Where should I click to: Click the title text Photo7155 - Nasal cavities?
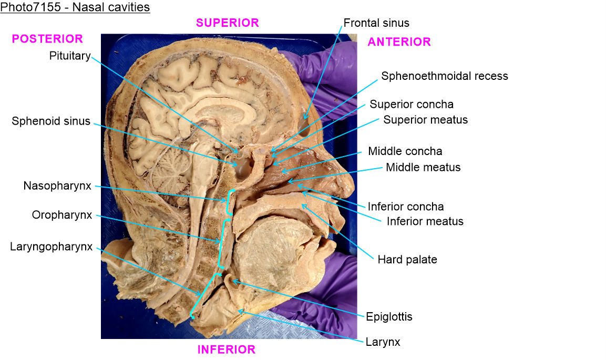(x=75, y=7)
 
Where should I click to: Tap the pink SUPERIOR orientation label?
(x=227, y=23)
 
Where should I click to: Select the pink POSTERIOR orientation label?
(x=47, y=39)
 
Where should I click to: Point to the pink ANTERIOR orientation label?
(x=399, y=42)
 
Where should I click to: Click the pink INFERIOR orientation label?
(x=227, y=349)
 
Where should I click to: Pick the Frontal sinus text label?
(x=376, y=23)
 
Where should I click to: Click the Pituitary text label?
(x=70, y=56)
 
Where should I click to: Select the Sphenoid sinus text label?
(x=51, y=121)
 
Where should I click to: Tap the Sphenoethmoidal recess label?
(x=445, y=76)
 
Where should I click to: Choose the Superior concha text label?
(x=412, y=104)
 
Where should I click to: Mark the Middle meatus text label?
(x=423, y=167)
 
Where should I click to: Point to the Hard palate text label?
(x=407, y=259)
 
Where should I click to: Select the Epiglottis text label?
(x=389, y=316)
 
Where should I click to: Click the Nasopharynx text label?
(x=57, y=186)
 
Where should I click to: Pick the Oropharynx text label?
(x=61, y=215)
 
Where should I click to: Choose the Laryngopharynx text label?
(x=51, y=246)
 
